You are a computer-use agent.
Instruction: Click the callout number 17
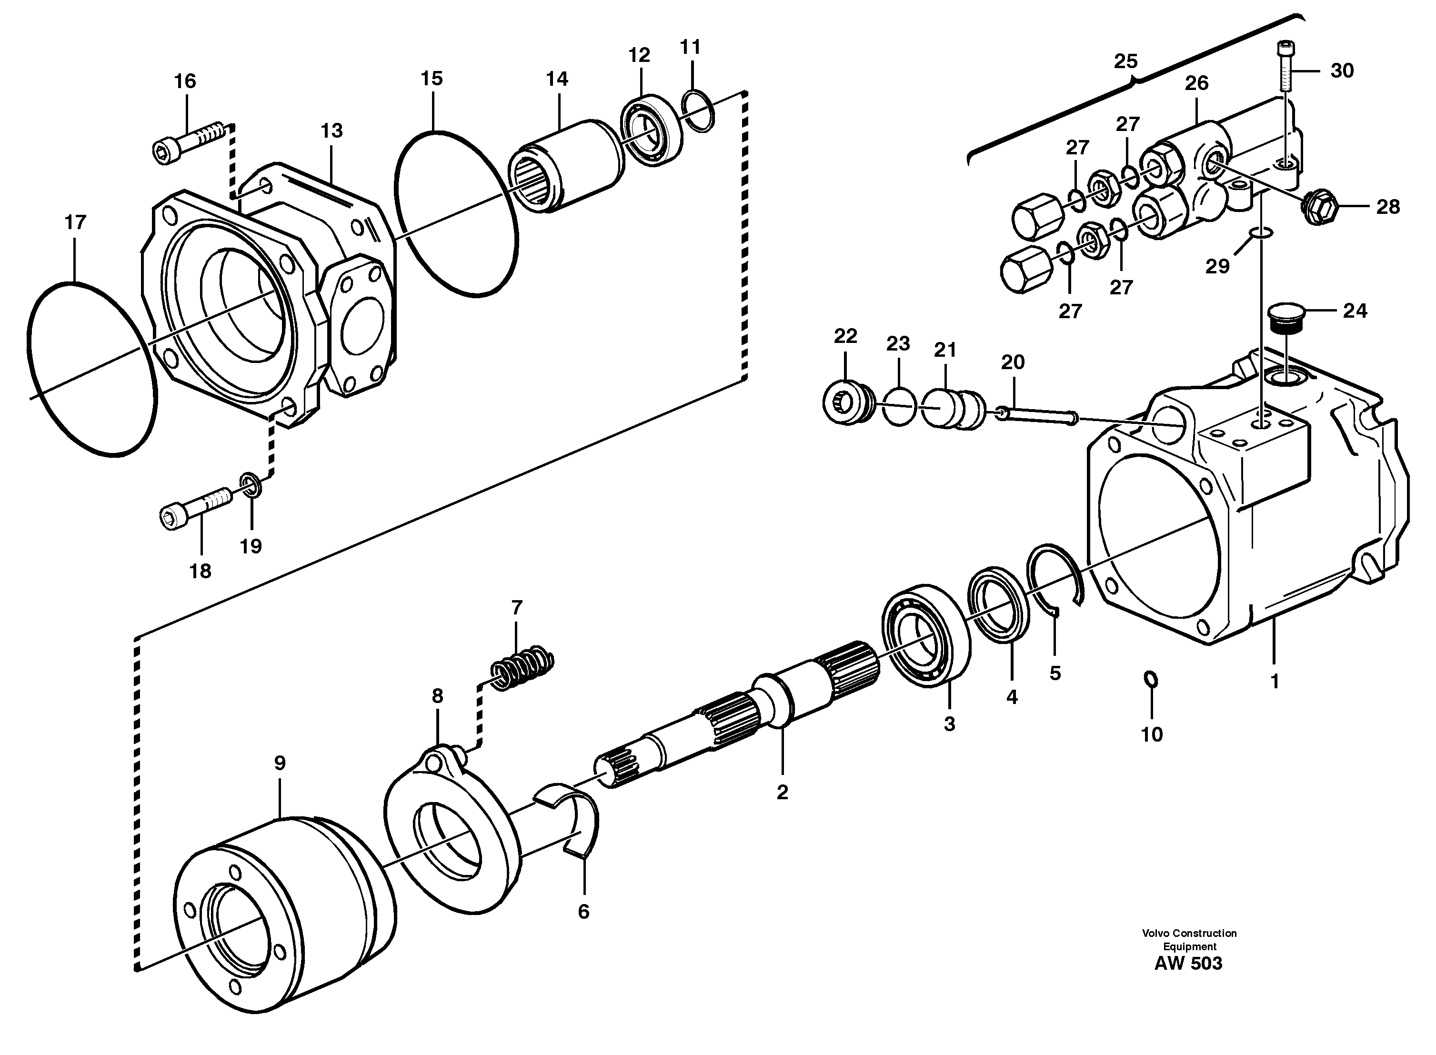point(75,223)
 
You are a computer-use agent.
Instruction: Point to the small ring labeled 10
point(1149,679)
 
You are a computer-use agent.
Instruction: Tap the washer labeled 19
point(251,485)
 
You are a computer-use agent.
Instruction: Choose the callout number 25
point(1125,62)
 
